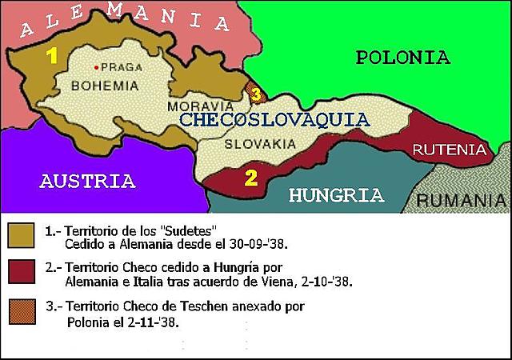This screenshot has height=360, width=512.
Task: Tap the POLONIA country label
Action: (x=402, y=57)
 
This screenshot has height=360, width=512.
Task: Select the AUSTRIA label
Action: (x=87, y=181)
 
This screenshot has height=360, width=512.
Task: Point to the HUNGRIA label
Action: (x=336, y=195)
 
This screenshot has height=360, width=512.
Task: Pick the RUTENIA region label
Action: (x=450, y=150)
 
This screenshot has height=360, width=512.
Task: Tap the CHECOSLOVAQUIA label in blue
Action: (x=274, y=120)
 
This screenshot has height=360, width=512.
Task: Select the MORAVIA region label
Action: (x=201, y=106)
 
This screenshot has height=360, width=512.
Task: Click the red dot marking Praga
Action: (x=96, y=67)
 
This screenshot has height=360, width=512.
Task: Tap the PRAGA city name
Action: (x=121, y=68)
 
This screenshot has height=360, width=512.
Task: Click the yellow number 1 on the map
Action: (x=52, y=56)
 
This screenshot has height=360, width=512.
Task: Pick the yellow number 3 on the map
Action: (x=255, y=94)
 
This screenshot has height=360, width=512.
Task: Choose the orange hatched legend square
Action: (x=22, y=312)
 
